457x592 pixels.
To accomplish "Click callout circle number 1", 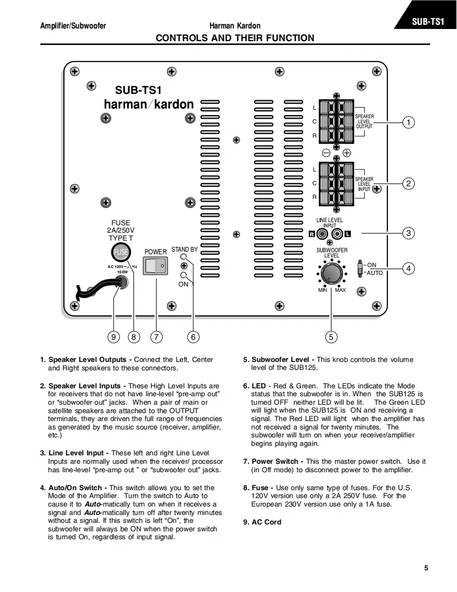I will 408,122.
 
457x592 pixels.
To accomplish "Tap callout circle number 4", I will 408,268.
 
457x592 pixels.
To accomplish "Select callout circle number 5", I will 331,337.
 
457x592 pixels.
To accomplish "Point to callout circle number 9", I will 114,337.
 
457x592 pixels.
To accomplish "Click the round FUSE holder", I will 121,252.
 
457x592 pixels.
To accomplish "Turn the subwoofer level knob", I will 331,273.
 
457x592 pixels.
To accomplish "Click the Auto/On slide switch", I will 360,268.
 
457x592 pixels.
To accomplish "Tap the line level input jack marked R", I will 321,234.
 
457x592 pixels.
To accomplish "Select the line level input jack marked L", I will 337,234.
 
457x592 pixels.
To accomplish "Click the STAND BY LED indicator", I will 183,257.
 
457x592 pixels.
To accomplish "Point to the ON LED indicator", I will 183,275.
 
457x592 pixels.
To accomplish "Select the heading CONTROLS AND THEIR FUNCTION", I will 235,38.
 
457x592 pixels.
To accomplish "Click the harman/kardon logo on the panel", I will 149,104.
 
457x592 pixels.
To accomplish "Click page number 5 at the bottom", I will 426,568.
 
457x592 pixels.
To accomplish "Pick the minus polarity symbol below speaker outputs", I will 326,152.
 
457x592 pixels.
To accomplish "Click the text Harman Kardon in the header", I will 235,26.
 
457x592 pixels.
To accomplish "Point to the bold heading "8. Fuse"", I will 256,488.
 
